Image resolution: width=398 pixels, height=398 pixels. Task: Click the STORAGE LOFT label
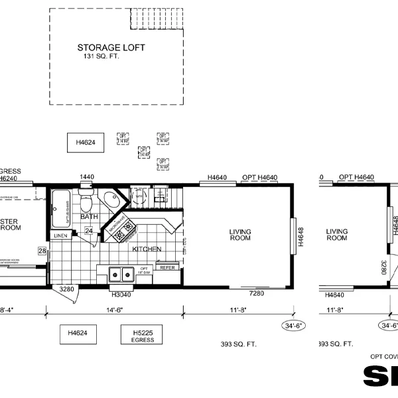click(x=110, y=48)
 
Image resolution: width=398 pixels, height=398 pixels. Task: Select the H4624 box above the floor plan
click(x=86, y=142)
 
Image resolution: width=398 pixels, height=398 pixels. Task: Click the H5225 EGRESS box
click(x=141, y=335)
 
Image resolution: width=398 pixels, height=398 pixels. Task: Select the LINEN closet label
click(x=60, y=235)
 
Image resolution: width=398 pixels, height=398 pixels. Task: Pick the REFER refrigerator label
click(x=167, y=267)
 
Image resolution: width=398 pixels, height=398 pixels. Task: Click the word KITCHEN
click(x=147, y=249)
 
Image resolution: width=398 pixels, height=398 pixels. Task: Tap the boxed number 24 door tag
click(x=89, y=231)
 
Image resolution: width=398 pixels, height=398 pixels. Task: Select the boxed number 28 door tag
click(x=42, y=251)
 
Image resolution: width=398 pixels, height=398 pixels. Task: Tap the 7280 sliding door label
click(x=256, y=293)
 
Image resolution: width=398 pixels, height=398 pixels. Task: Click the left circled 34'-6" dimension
click(x=292, y=326)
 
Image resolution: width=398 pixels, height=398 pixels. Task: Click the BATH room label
click(x=89, y=217)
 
